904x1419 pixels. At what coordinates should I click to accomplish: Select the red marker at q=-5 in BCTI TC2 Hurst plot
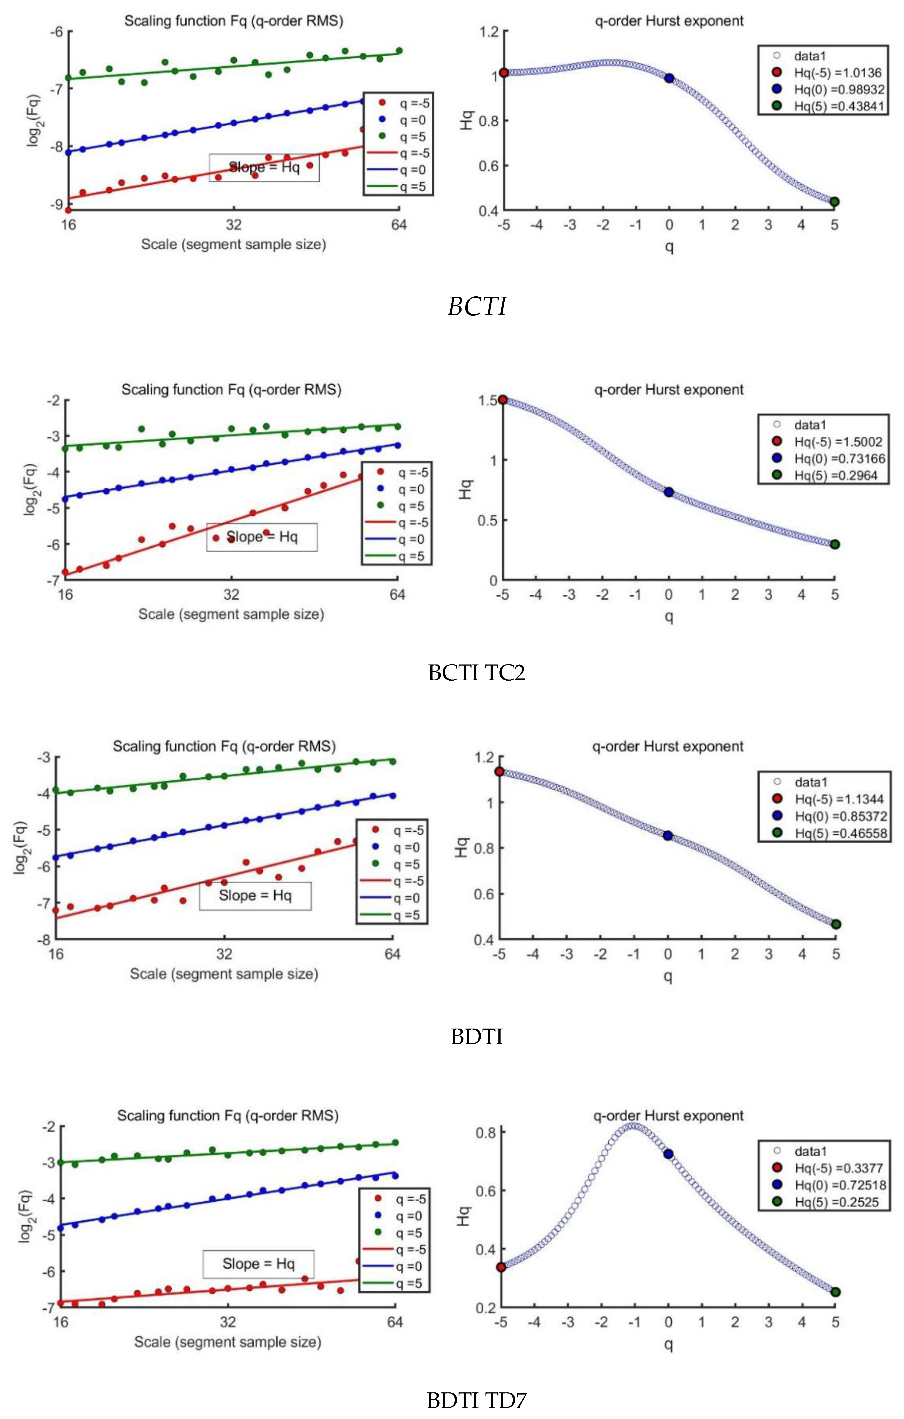click(x=502, y=400)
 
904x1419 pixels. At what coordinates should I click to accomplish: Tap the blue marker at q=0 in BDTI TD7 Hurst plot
click(x=668, y=1154)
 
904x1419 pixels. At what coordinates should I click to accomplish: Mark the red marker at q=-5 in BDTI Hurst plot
click(x=499, y=771)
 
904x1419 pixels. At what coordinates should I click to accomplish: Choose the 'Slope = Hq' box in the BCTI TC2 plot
click(x=262, y=537)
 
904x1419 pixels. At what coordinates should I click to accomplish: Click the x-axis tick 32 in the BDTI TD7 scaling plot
click(x=228, y=1322)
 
